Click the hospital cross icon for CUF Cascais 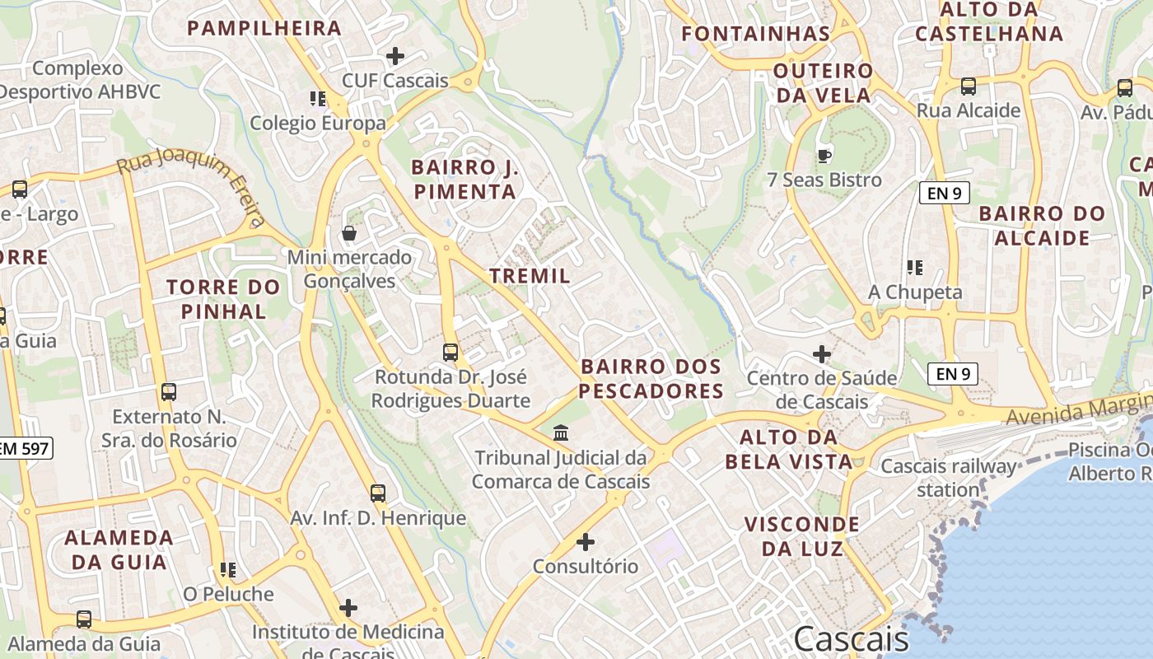395,56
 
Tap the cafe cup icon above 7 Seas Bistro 824,155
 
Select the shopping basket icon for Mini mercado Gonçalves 349,233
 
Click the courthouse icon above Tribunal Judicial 561,432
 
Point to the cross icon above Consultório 586,542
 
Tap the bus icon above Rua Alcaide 969,86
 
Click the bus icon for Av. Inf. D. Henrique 378,493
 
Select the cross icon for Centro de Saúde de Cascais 822,354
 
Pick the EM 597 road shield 25,448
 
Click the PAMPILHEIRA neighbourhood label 264,28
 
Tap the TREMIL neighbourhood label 530,276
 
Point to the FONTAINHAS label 756,34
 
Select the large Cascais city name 852,639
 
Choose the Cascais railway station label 949,478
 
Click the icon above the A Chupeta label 914,268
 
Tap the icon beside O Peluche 228,570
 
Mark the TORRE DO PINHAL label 223,299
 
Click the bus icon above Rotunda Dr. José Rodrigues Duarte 450,353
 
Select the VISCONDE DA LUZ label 801,536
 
